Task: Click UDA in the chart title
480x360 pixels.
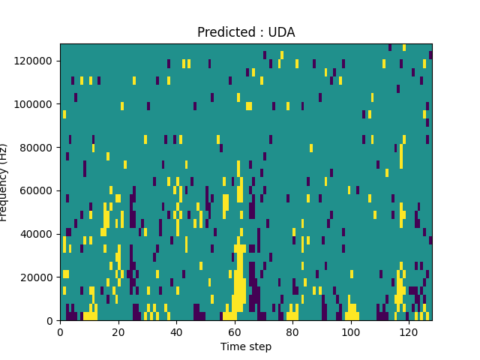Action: [281, 32]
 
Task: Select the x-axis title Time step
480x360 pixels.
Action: [246, 346]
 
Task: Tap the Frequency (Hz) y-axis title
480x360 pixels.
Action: [4, 182]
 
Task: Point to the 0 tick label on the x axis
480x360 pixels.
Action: [60, 331]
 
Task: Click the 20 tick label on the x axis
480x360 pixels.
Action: [118, 331]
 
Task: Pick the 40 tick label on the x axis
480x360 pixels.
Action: [176, 331]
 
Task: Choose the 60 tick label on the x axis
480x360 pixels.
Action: [234, 331]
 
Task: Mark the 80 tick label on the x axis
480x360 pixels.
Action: [292, 331]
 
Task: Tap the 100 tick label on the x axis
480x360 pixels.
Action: [350, 331]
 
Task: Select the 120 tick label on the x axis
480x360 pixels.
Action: [409, 331]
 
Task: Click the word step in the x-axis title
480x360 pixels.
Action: [259, 347]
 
